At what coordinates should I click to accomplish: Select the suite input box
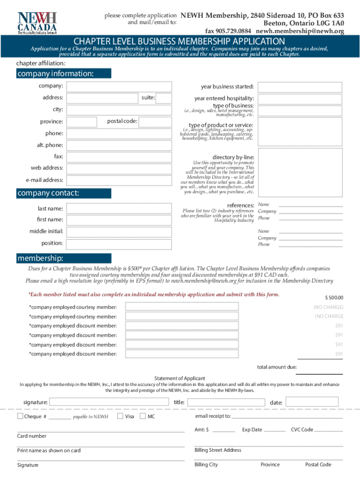[x=164, y=98]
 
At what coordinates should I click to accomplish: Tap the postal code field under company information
[x=156, y=122]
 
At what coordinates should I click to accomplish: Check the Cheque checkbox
[x=20, y=416]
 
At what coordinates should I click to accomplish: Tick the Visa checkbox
[x=120, y=416]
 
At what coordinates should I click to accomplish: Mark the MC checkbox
[x=143, y=416]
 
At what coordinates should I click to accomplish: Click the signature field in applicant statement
[x=108, y=402]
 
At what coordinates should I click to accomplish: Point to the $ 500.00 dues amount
[x=334, y=298]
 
